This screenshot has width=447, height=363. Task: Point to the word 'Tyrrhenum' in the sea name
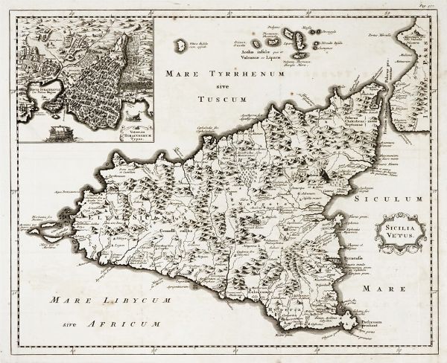coord(223,74)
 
